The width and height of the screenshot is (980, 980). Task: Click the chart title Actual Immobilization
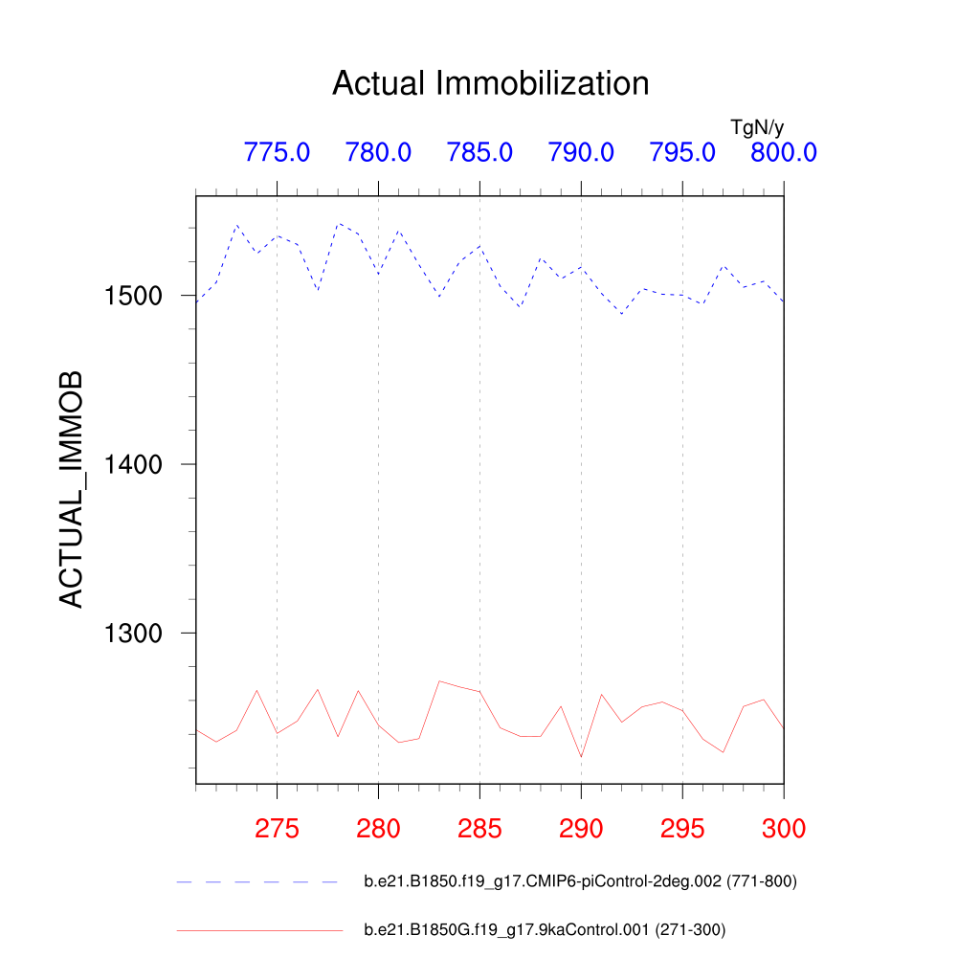coord(490,83)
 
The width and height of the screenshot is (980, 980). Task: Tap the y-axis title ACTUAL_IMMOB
coord(72,489)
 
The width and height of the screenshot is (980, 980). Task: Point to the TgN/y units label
coord(757,127)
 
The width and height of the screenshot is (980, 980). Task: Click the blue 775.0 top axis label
coord(277,152)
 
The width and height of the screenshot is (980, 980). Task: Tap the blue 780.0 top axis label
coord(378,152)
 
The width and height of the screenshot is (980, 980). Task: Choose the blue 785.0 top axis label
coord(479,152)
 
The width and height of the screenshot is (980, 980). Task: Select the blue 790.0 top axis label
coord(581,152)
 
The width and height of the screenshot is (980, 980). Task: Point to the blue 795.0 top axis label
coord(682,152)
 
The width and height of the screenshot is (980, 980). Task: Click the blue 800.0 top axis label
coord(783,152)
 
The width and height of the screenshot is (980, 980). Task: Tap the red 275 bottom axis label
coord(277,829)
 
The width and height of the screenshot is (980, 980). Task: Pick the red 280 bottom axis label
coord(378,829)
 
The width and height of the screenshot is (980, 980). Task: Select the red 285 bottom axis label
coord(479,829)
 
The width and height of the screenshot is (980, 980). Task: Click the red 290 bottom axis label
coord(581,829)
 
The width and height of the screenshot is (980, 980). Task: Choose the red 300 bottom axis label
coord(783,829)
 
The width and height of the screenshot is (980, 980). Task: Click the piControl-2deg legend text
coord(580,881)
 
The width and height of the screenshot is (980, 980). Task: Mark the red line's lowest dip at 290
coord(581,757)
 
